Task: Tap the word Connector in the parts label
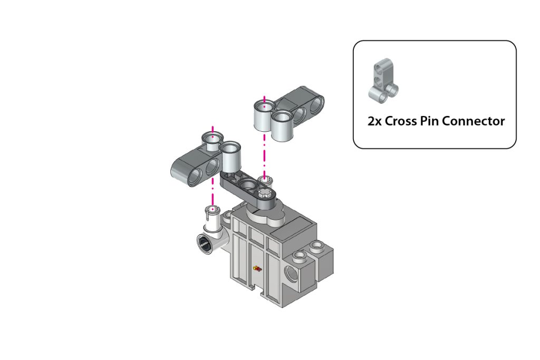click(x=473, y=121)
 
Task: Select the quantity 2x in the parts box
click(x=374, y=121)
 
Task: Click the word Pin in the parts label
click(x=427, y=121)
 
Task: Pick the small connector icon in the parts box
click(x=383, y=81)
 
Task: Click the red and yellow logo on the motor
click(x=257, y=269)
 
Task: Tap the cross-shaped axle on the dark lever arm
click(x=265, y=193)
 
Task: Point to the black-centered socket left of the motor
click(x=205, y=244)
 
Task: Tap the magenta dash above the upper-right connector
click(x=264, y=100)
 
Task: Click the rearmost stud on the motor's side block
click(x=317, y=246)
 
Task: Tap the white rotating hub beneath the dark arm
click(x=266, y=216)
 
